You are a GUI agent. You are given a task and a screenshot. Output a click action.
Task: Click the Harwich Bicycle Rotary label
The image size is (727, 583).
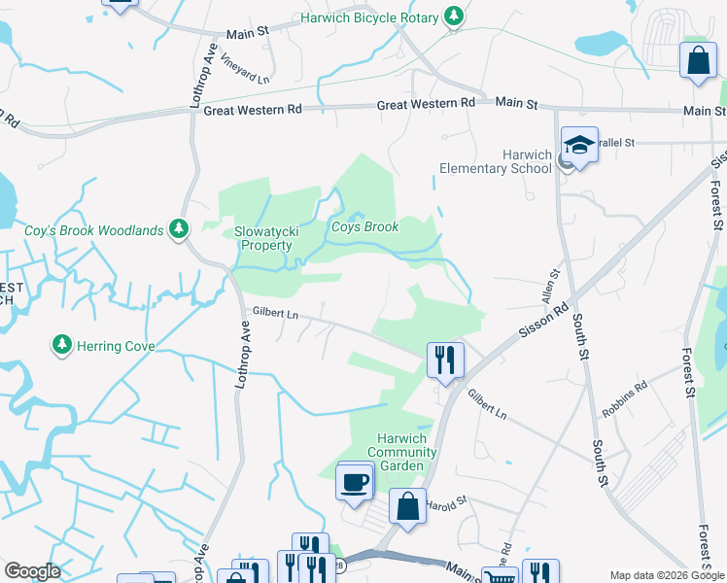pos(370,17)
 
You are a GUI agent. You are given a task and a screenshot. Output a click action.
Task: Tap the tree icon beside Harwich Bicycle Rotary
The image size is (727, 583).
pos(453,17)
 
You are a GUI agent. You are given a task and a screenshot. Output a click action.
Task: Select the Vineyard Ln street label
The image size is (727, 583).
pos(245,67)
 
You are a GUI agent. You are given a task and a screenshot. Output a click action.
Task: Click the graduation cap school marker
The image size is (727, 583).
pos(579,148)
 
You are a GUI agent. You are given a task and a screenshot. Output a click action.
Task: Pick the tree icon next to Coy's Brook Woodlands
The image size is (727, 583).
pos(178,228)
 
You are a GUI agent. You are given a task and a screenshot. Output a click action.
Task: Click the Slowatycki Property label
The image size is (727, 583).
pos(263,239)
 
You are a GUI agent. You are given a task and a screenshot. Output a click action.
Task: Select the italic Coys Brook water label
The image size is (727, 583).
pos(364,227)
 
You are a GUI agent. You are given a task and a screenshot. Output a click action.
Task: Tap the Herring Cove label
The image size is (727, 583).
pos(115,345)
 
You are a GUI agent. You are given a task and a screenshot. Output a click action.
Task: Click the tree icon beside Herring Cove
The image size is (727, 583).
pos(61,344)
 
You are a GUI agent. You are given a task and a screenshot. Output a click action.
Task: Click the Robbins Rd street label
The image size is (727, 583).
pos(624,398)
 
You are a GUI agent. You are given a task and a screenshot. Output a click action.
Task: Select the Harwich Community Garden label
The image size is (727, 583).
pos(402,452)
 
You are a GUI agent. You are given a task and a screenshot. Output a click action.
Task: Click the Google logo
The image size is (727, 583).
pos(32,571)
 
